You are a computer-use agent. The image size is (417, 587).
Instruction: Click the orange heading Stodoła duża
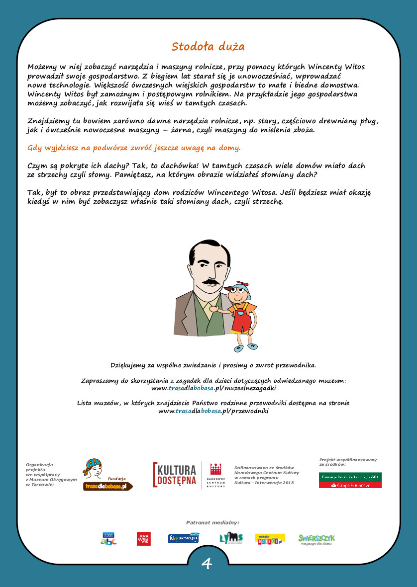(x=208, y=47)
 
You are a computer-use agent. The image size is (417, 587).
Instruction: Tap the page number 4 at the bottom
(x=207, y=564)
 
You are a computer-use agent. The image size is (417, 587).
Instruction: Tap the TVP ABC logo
(x=108, y=539)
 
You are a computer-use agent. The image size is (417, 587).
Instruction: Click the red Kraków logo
(x=143, y=539)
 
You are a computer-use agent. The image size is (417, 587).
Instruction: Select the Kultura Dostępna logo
(x=175, y=475)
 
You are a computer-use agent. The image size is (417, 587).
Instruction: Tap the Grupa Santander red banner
(x=350, y=485)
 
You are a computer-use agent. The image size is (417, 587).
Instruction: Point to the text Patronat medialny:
(x=212, y=522)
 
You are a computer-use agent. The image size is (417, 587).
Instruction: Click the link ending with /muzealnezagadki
(x=213, y=388)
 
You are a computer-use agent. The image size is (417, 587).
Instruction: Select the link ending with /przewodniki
(x=213, y=411)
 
